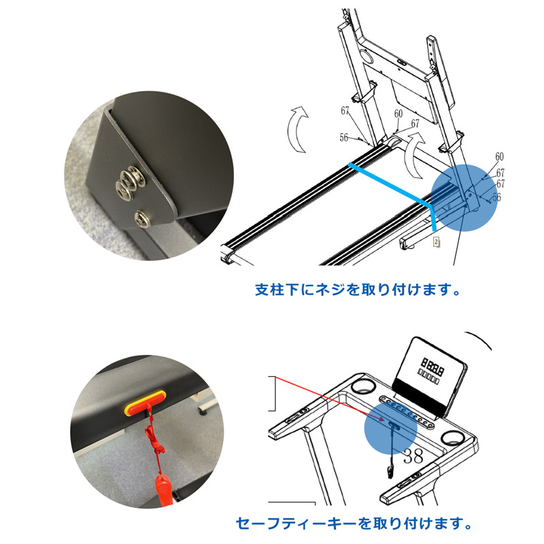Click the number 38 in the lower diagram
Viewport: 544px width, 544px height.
pos(413,456)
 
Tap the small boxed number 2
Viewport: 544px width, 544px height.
pos(436,242)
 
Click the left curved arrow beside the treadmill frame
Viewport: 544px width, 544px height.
pos(296,129)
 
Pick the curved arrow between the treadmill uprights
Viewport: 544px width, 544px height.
pos(414,154)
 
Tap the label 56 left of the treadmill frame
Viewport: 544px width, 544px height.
pos(343,138)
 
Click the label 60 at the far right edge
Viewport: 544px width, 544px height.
pos(499,157)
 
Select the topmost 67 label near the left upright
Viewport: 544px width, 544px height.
pos(345,111)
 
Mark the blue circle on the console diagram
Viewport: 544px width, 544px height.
pos(390,429)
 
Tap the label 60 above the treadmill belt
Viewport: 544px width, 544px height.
pos(398,114)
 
